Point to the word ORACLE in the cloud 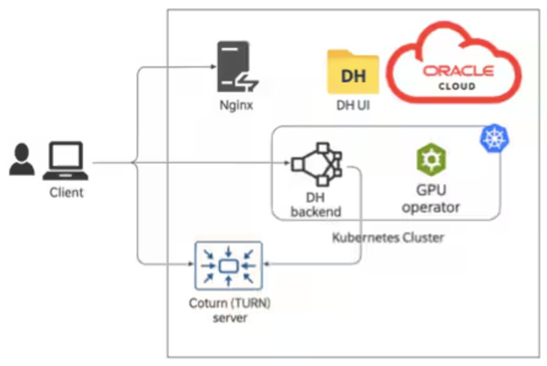tap(458, 71)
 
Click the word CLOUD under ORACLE tap(458, 86)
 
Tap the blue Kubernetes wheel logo tap(493, 139)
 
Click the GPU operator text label tap(431, 199)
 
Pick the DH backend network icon tap(316, 163)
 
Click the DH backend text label tap(316, 204)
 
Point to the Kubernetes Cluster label tap(388, 238)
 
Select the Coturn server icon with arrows tap(229, 266)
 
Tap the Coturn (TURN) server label tap(229, 310)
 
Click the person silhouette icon tap(22, 160)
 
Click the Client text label tap(67, 192)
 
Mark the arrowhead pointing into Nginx tap(211, 67)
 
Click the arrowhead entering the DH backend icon tap(287, 163)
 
